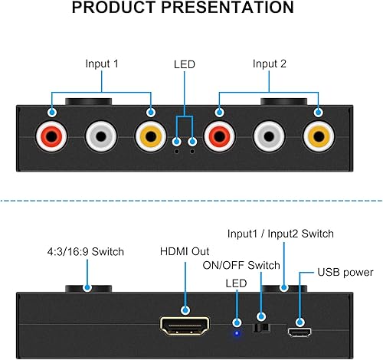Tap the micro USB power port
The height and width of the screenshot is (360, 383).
point(300,332)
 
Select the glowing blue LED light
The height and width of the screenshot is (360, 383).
point(237,332)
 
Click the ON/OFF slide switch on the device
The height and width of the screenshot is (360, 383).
point(261,327)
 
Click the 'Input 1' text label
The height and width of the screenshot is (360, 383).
point(101,65)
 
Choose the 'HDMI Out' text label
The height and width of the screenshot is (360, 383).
point(185,251)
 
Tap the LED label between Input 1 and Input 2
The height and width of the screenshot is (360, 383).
point(185,65)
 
